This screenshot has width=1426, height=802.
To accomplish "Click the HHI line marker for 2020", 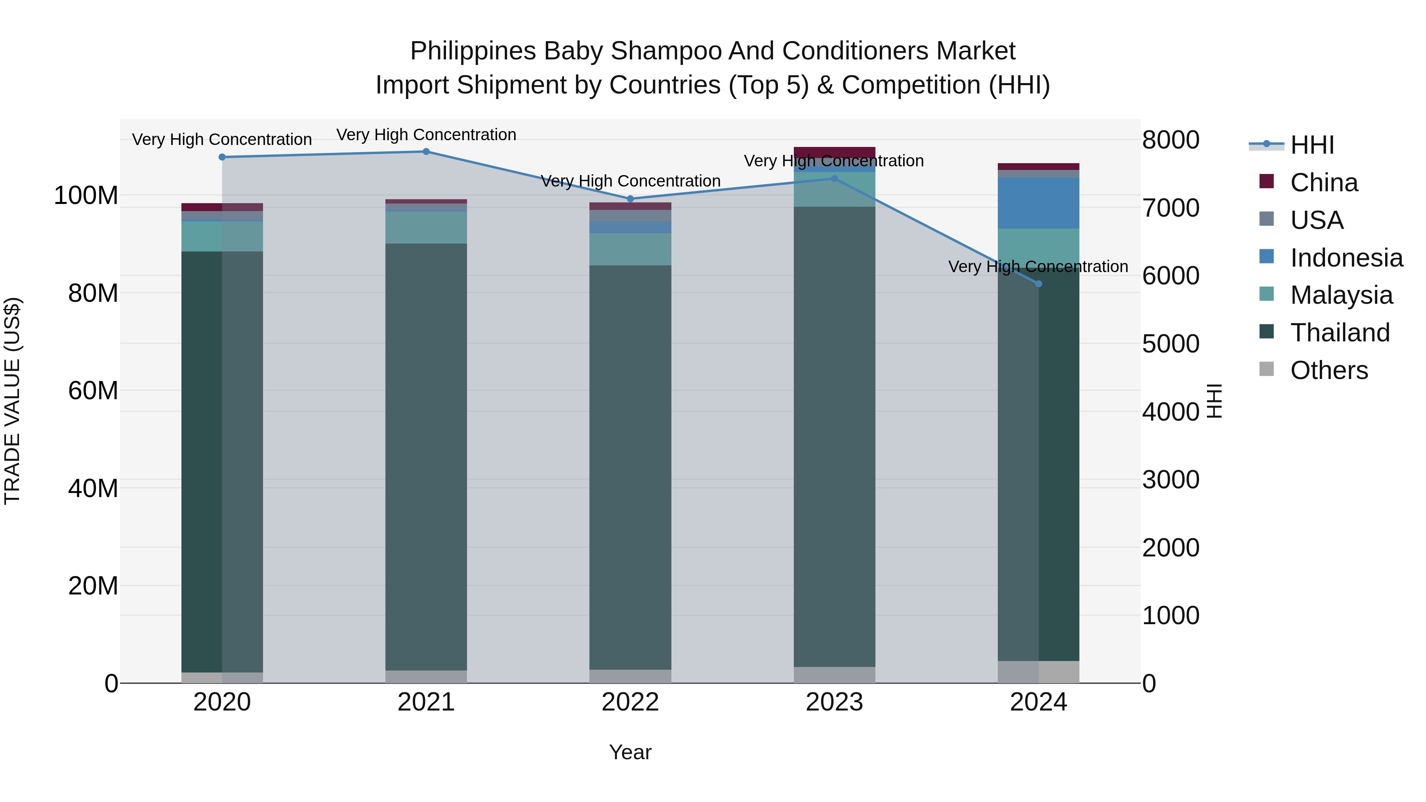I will (x=222, y=157).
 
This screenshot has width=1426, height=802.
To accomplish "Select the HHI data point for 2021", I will (x=426, y=152).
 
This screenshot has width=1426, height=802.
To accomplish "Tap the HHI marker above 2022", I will (x=630, y=199).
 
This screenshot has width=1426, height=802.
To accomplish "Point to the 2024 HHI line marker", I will (x=1039, y=284).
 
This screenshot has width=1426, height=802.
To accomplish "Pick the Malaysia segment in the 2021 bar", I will (x=426, y=227).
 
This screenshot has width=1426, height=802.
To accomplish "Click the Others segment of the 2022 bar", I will (x=630, y=676).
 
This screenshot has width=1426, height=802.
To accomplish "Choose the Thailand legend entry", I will (x=1340, y=333).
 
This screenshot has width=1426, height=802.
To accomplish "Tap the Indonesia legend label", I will (x=1346, y=258).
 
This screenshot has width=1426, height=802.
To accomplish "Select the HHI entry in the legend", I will (x=1312, y=145).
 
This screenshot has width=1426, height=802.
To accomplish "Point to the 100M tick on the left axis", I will (x=86, y=196).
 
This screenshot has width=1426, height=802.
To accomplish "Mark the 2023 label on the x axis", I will (x=834, y=702).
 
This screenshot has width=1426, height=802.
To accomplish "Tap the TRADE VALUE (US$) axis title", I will (x=12, y=401).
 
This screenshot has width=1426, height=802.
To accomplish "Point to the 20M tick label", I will (x=93, y=586).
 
